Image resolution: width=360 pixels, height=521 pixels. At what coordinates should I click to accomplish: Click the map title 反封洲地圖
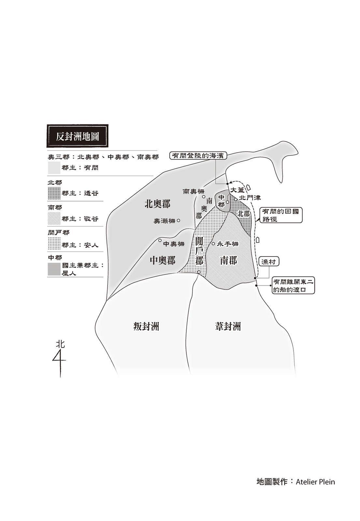[77, 136]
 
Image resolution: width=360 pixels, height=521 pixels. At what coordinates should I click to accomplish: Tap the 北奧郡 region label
[157, 204]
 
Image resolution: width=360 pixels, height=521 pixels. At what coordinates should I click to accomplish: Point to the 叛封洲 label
[146, 326]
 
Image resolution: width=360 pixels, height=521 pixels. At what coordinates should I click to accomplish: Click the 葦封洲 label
[228, 326]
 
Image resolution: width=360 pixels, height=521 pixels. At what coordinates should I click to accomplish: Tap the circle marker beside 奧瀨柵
[179, 220]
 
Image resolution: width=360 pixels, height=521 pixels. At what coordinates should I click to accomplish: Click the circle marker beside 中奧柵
[160, 241]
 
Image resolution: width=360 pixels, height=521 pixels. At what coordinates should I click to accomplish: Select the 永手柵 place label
[228, 244]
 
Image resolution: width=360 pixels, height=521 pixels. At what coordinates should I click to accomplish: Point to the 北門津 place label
[250, 198]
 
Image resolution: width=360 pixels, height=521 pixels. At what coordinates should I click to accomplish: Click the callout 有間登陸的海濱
[199, 156]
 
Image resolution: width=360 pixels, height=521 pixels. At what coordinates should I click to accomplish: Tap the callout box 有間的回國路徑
[281, 215]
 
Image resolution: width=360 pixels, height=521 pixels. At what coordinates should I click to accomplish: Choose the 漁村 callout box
[269, 262]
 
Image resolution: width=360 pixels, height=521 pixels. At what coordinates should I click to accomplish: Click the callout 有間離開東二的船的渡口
[294, 286]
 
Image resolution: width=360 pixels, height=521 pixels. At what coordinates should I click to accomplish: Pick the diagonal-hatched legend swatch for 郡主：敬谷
[54, 218]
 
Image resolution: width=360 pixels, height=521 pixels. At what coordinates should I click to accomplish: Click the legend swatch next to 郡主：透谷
[54, 193]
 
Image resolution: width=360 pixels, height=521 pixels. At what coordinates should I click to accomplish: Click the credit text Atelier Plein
[315, 482]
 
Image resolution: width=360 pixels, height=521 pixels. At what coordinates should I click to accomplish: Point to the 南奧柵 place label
[193, 191]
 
